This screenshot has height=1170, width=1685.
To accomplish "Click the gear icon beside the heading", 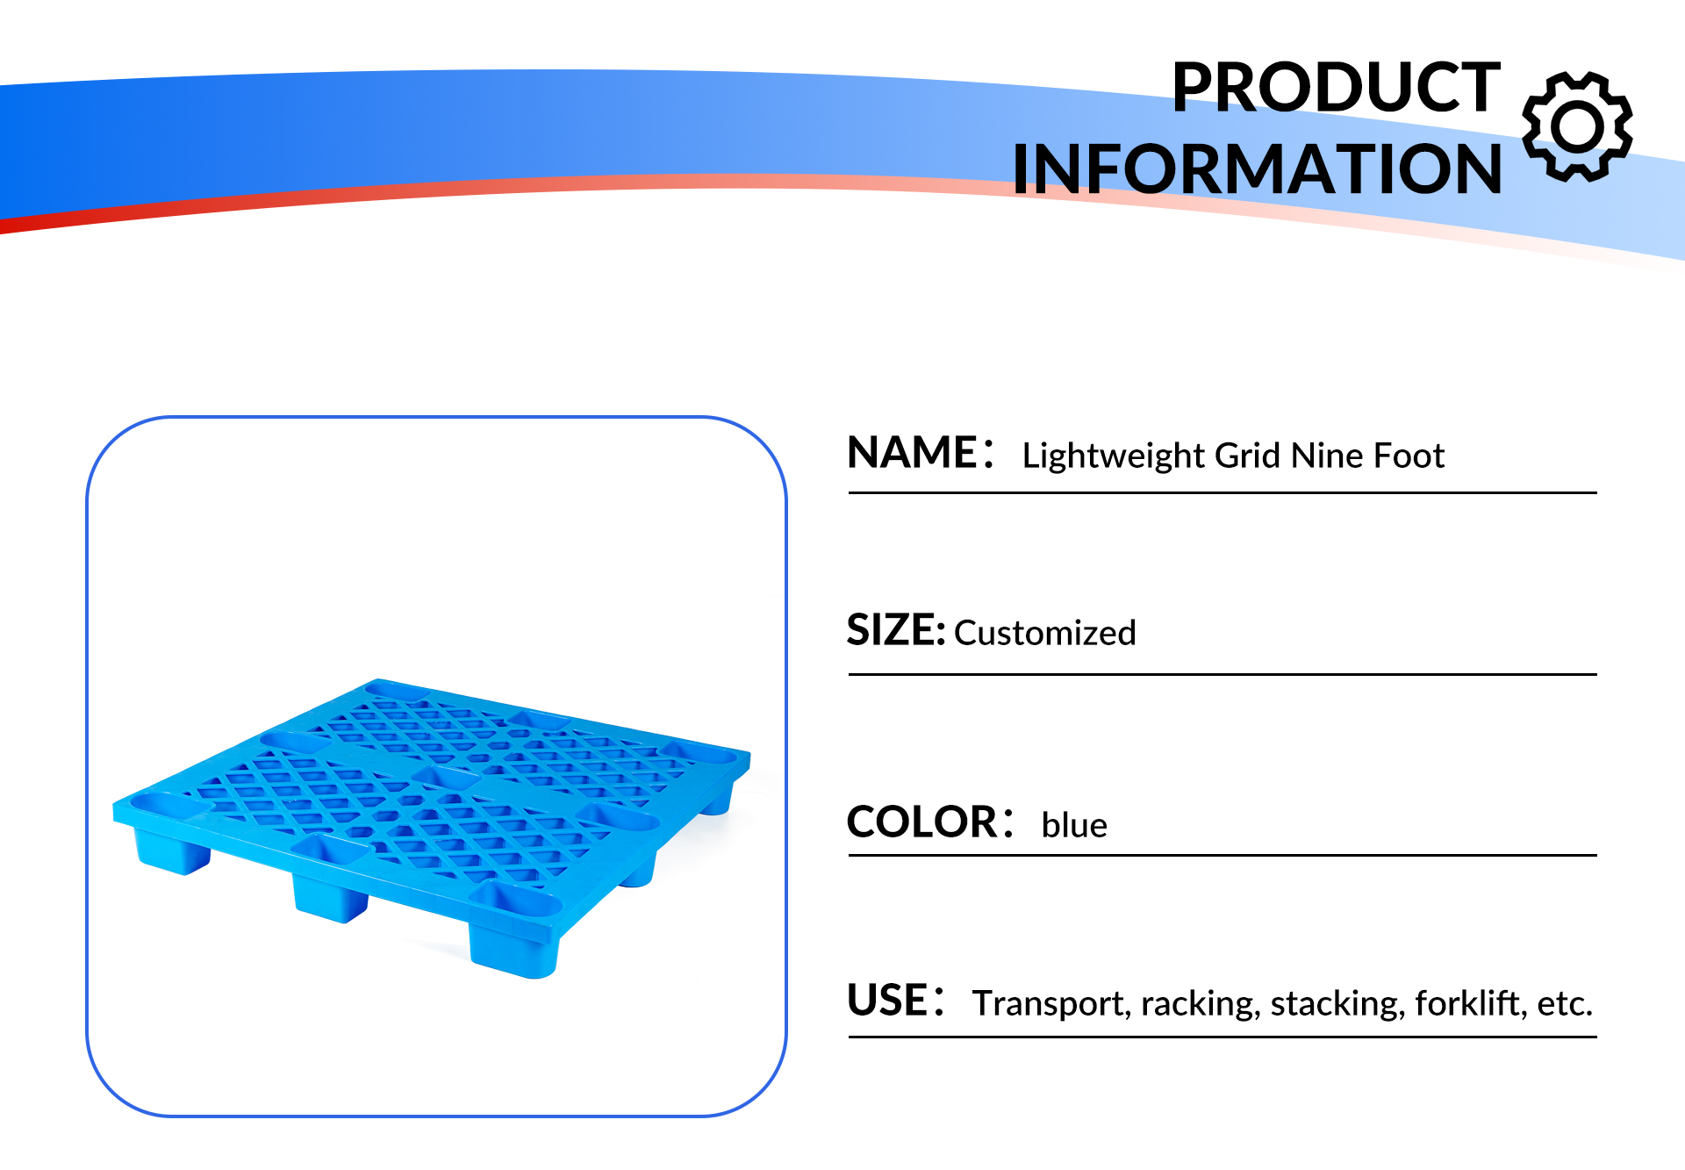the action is (x=1577, y=127).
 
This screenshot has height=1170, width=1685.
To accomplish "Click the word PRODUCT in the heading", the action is (x=1336, y=87).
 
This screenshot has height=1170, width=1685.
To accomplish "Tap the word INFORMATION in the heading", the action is (x=1258, y=169).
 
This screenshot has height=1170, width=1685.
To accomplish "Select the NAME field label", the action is (x=913, y=453).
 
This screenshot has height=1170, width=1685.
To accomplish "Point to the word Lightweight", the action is (x=1114, y=456).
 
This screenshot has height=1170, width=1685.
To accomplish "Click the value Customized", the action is (x=1045, y=633).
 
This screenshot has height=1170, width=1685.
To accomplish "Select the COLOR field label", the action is (x=922, y=822).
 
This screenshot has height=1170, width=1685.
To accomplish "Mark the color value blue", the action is (x=1074, y=825).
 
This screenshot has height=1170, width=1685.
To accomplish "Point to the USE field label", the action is (x=887, y=1001).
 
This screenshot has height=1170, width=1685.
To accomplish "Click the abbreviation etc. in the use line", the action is (x=1565, y=1004).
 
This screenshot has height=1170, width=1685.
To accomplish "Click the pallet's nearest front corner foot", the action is (x=513, y=949).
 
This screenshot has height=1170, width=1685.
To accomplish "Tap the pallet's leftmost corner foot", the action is (x=172, y=851).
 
